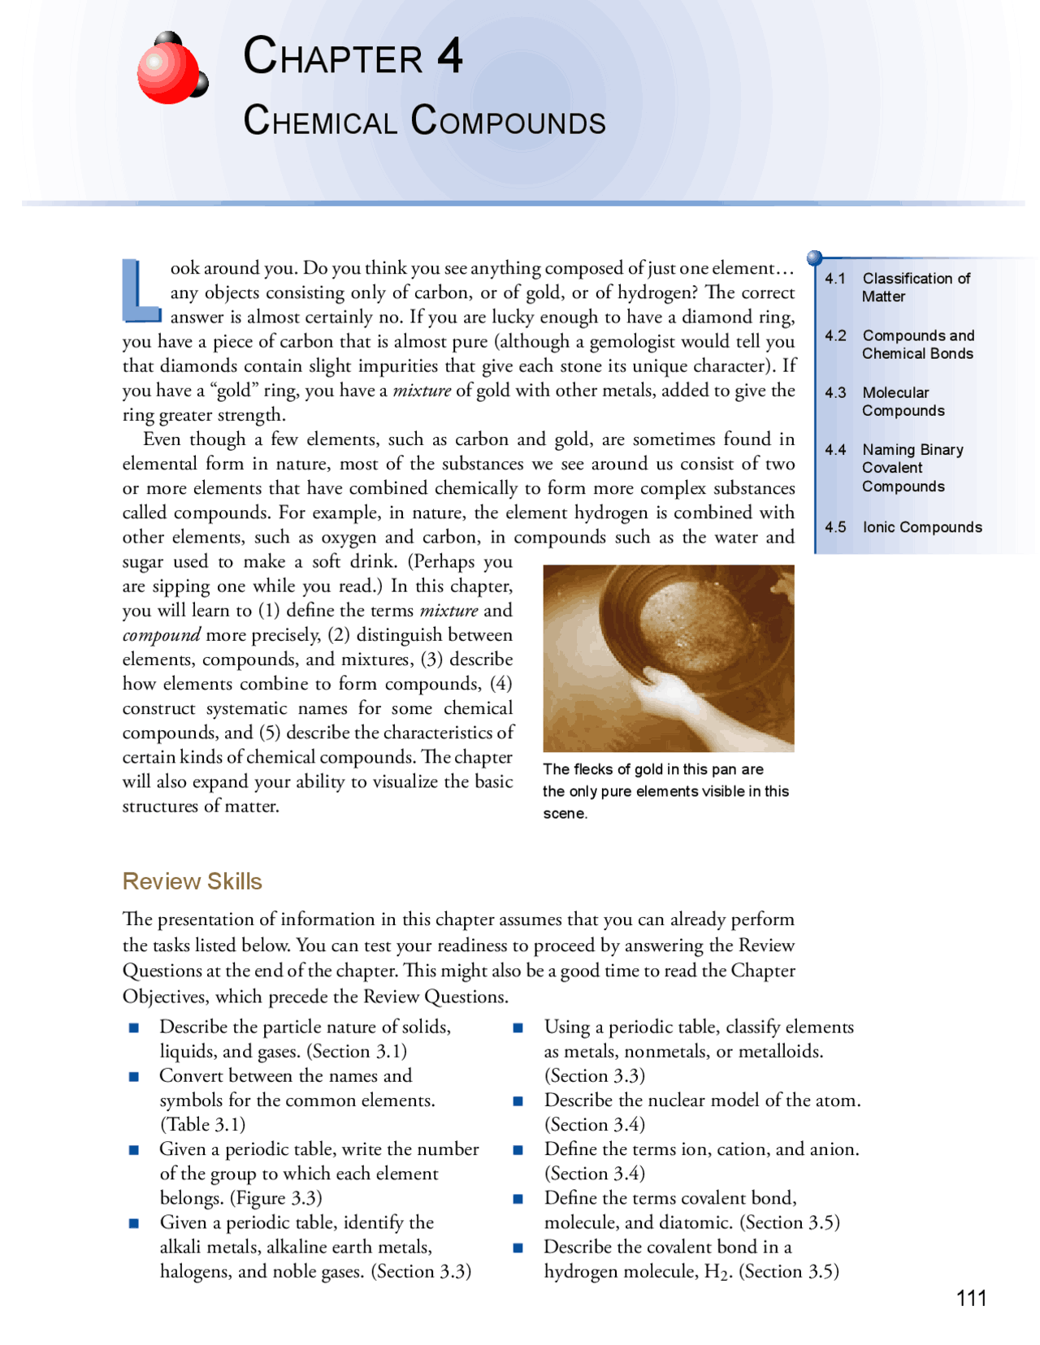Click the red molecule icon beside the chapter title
pos(171,69)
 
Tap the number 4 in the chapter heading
pos(449,56)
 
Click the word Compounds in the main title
pos(508,121)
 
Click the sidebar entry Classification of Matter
pos(916,288)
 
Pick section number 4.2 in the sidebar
pos(835,335)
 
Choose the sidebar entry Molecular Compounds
pos(903,401)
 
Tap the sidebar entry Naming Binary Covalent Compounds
pos(912,468)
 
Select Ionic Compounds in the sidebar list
pos(921,527)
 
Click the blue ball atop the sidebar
pos(815,258)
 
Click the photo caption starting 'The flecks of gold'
pos(665,791)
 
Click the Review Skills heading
pos(192,881)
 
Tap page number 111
pos(971,1298)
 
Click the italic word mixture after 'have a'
pos(422,391)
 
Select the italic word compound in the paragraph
pos(161,635)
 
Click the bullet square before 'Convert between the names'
pos(134,1077)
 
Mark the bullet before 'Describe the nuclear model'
pos(518,1101)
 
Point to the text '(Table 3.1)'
pos(202,1125)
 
